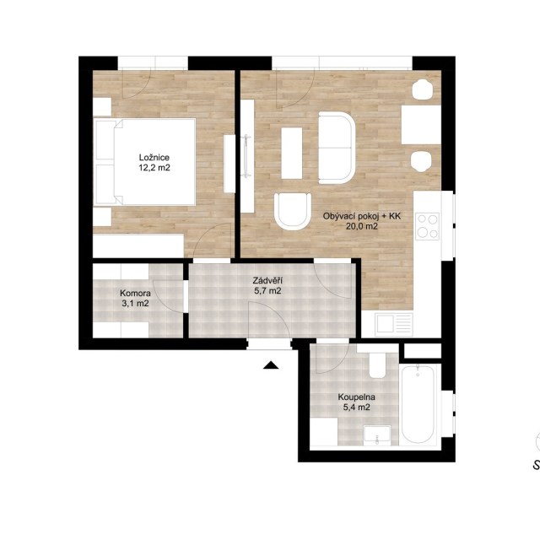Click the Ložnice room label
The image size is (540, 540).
coord(154,158)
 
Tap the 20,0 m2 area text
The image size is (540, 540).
coord(362,226)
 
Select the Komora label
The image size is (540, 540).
coord(135,294)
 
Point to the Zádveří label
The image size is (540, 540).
coord(267,280)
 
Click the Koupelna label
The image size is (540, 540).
coord(356,397)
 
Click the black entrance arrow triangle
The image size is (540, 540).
coord(271,365)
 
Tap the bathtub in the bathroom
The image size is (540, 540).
coord(418,403)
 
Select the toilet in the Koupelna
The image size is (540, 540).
coord(377,365)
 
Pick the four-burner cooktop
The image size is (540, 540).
coord(428,226)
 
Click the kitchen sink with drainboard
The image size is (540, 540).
coord(394,324)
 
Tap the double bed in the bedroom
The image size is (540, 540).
coord(144,162)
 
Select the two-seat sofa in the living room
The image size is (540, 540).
coord(337,148)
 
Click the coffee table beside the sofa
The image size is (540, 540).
coord(292,154)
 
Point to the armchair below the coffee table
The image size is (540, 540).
coord(293,212)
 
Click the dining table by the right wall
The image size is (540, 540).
coord(421,125)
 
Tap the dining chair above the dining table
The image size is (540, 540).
coord(422,89)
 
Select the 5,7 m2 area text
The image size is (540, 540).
coord(267,290)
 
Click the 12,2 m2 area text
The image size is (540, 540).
coord(154,168)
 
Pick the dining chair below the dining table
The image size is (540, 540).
coord(421,161)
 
